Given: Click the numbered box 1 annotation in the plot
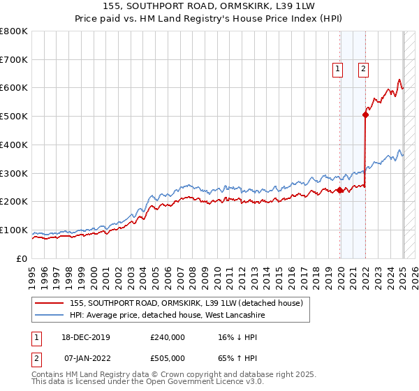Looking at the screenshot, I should point(338,68).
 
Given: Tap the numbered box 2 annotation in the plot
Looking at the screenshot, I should point(365,68).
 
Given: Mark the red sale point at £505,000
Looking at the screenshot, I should point(365,115).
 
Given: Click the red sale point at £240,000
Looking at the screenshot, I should point(340,190).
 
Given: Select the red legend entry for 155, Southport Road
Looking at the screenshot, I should point(186,303).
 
